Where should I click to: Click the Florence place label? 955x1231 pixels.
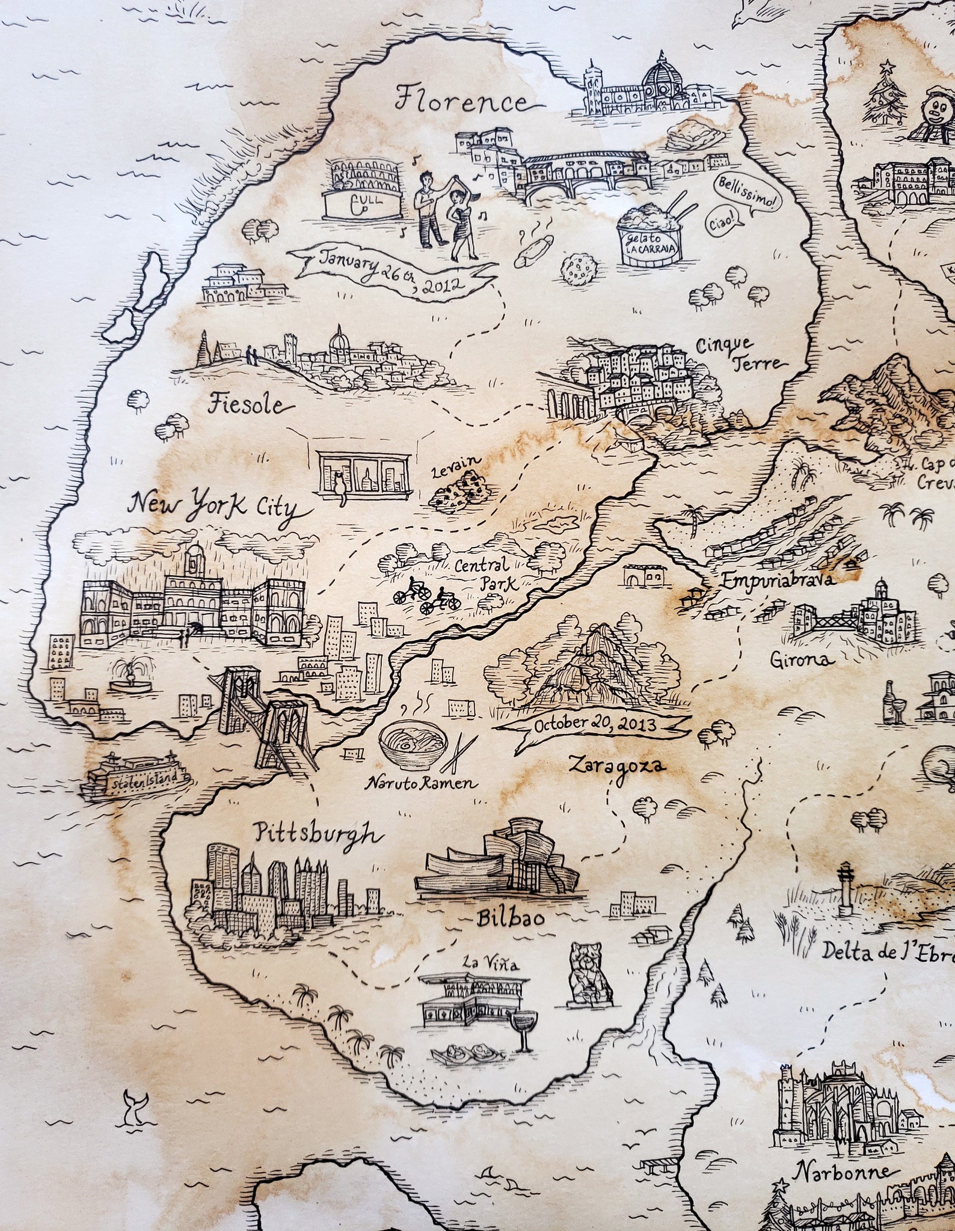pyautogui.click(x=462, y=101)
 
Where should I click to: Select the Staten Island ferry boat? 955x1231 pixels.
pyautogui.click(x=137, y=778)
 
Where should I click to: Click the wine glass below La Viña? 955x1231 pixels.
pyautogui.click(x=524, y=1027)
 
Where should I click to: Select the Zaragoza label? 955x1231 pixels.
pyautogui.click(x=617, y=765)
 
